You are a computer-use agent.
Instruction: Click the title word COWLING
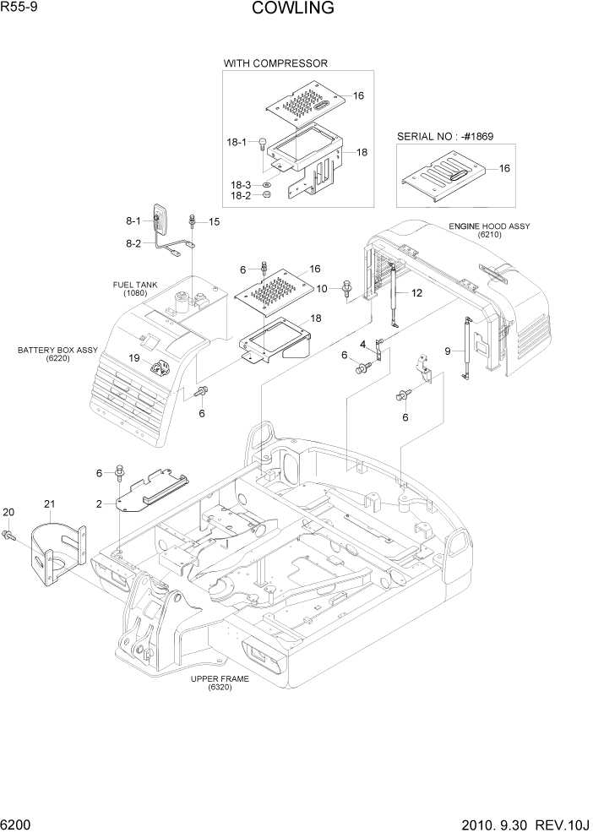point(292,9)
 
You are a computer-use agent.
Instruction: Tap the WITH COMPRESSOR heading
point(275,63)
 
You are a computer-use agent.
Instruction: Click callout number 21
point(49,504)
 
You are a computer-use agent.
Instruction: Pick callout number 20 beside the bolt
point(9,512)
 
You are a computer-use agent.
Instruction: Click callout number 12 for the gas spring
point(416,293)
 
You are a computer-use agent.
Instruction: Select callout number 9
point(448,351)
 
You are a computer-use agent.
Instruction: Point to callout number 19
point(134,358)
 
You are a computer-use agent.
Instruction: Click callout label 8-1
point(133,221)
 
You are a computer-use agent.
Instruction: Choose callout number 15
point(214,221)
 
